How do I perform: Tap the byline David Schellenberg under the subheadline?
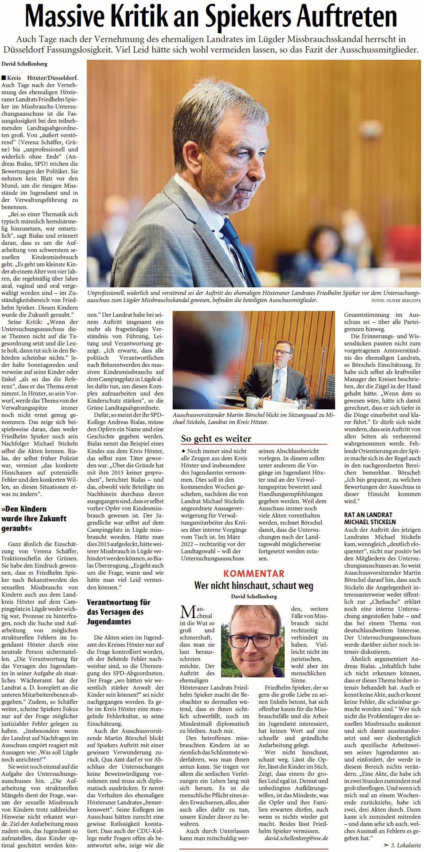tap(24, 64)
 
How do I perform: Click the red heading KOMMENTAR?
tap(253, 573)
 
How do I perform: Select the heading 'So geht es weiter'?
tap(216, 438)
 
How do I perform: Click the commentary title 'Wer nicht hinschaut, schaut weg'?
tap(253, 585)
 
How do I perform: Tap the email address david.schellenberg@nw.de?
tap(296, 815)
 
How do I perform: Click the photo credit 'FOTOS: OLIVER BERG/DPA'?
tap(395, 300)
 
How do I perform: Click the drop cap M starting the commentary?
tap(187, 612)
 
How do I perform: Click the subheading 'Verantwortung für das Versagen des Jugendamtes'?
tap(118, 612)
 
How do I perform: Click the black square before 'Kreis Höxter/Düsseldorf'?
tap(4, 78)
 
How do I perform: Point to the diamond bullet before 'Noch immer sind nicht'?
tap(183, 451)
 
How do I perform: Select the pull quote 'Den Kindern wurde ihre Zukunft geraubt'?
tap(34, 518)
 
